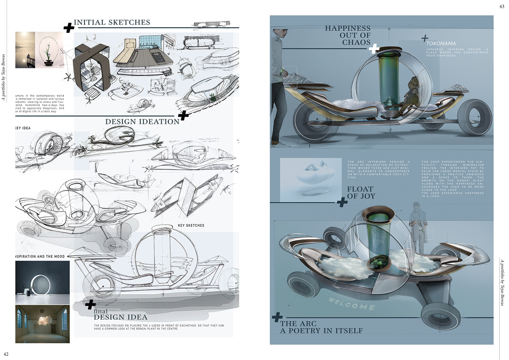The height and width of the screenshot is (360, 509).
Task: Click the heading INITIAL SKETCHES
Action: tap(112, 23)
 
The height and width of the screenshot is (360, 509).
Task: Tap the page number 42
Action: tap(6, 354)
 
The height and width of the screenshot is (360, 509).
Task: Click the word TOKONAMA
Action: tap(441, 44)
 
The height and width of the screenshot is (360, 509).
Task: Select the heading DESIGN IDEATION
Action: tap(142, 122)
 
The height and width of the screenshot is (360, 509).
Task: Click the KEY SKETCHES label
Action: tap(191, 225)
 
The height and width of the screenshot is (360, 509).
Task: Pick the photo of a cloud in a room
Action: tap(42, 324)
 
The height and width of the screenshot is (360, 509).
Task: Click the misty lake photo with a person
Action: tap(25, 50)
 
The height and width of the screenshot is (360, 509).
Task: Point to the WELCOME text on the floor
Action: tap(352, 304)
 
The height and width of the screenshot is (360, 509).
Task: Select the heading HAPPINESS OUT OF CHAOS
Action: tap(348, 35)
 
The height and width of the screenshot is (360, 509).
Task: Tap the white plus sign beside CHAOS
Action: tap(374, 49)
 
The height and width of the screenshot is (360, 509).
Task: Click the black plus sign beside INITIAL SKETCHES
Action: tap(69, 28)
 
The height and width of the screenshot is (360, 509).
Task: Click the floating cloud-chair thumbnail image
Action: tap(311, 179)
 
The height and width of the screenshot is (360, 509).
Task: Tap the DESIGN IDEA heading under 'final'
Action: tap(120, 317)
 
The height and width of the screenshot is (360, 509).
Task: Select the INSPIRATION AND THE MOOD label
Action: tap(40, 256)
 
